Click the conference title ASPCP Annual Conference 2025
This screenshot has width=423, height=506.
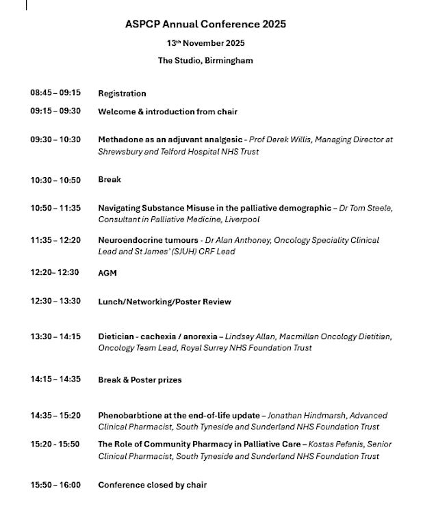click(205, 24)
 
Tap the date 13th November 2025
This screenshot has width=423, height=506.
click(205, 42)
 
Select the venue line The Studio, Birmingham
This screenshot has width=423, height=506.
click(205, 60)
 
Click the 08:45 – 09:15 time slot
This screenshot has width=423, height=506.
click(55, 93)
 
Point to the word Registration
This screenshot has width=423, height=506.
click(122, 94)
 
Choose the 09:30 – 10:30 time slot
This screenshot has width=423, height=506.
click(55, 139)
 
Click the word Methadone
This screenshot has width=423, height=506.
click(120, 139)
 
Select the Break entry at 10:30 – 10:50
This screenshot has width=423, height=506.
click(110, 180)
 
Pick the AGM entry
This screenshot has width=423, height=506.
click(107, 273)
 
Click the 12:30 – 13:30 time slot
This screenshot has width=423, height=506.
click(55, 302)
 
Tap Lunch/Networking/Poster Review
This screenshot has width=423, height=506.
click(164, 302)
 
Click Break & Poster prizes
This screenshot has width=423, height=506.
click(140, 380)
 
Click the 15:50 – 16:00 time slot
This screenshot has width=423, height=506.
click(55, 485)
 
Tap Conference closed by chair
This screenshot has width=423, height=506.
click(152, 485)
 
